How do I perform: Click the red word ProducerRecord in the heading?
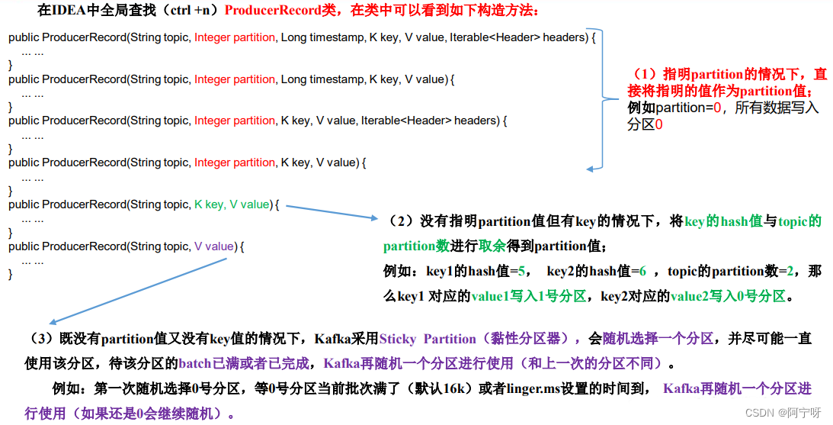click(x=268, y=11)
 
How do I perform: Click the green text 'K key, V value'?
click(x=232, y=204)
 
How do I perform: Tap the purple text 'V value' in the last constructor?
click(x=214, y=246)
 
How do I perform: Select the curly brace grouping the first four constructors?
click(x=602, y=99)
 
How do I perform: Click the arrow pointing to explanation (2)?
click(x=332, y=211)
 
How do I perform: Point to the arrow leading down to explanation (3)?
click(x=137, y=291)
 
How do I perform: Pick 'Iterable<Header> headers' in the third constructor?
click(x=430, y=121)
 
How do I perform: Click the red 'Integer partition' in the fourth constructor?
click(x=234, y=163)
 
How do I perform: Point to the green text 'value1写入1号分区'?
click(x=529, y=296)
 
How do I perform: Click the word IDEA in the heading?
click(x=69, y=11)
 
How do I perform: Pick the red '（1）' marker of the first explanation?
click(x=647, y=75)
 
